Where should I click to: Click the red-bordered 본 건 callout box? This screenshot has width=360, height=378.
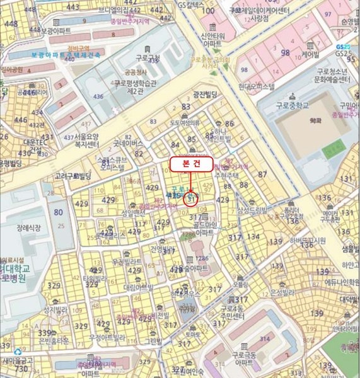click(190, 162)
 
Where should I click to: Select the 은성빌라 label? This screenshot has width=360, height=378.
click(283, 293)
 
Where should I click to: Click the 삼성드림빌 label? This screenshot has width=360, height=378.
click(253, 210)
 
